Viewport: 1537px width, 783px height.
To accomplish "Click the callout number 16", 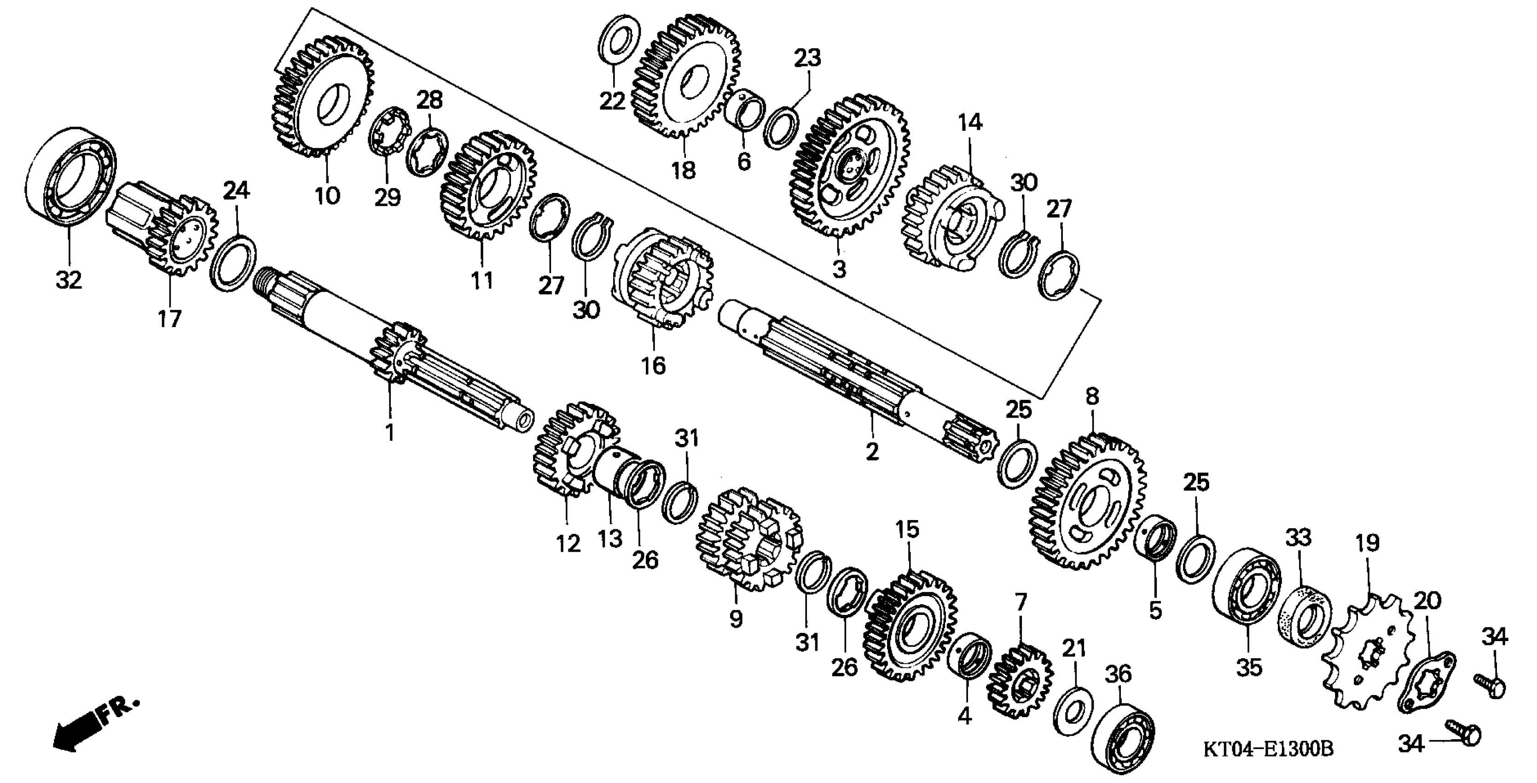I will click(653, 365).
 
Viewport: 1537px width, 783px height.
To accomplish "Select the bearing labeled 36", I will click(1122, 741).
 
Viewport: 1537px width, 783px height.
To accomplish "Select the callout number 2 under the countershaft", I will click(872, 452).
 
